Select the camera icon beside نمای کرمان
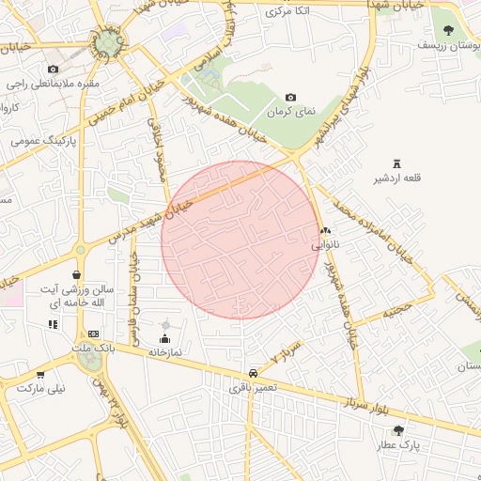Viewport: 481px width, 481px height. (290, 98)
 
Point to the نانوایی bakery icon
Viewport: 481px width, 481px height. (326, 230)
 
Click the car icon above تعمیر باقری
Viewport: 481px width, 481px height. (253, 373)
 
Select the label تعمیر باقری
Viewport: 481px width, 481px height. (253, 387)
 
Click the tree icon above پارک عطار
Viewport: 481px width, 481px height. (398, 430)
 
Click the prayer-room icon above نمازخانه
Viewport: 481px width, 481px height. (166, 338)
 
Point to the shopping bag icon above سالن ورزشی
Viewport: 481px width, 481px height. (75, 275)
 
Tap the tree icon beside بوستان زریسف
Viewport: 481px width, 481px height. (448, 31)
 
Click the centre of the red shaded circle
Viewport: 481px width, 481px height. (240, 240)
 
